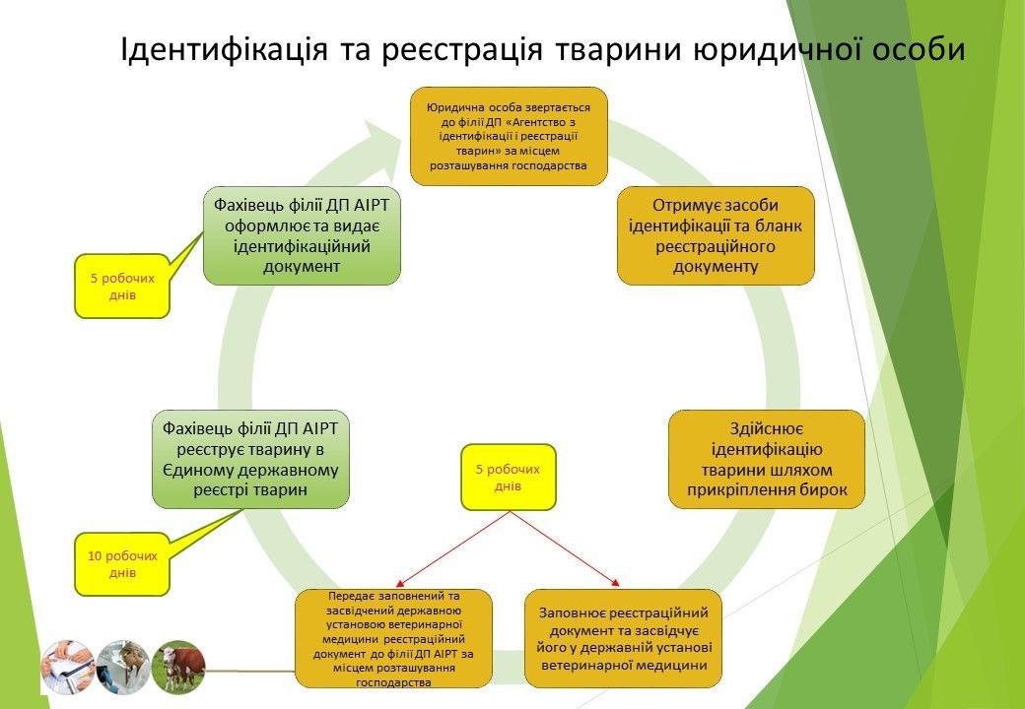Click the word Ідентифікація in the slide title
(x=225, y=49)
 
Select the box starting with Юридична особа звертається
(x=509, y=137)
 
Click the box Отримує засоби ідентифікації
(x=716, y=235)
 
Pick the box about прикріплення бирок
(x=767, y=460)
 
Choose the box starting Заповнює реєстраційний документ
(x=623, y=638)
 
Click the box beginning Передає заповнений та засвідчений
(x=393, y=638)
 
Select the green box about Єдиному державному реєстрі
(x=250, y=460)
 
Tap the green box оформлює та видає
(x=302, y=235)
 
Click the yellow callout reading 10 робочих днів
(x=122, y=564)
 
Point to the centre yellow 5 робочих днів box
(x=508, y=478)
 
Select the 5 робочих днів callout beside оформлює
(x=122, y=286)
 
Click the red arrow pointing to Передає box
(x=453, y=549)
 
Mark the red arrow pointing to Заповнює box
(x=564, y=549)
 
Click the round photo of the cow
(x=178, y=667)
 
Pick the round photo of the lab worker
(x=123, y=667)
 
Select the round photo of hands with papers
(x=68, y=667)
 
